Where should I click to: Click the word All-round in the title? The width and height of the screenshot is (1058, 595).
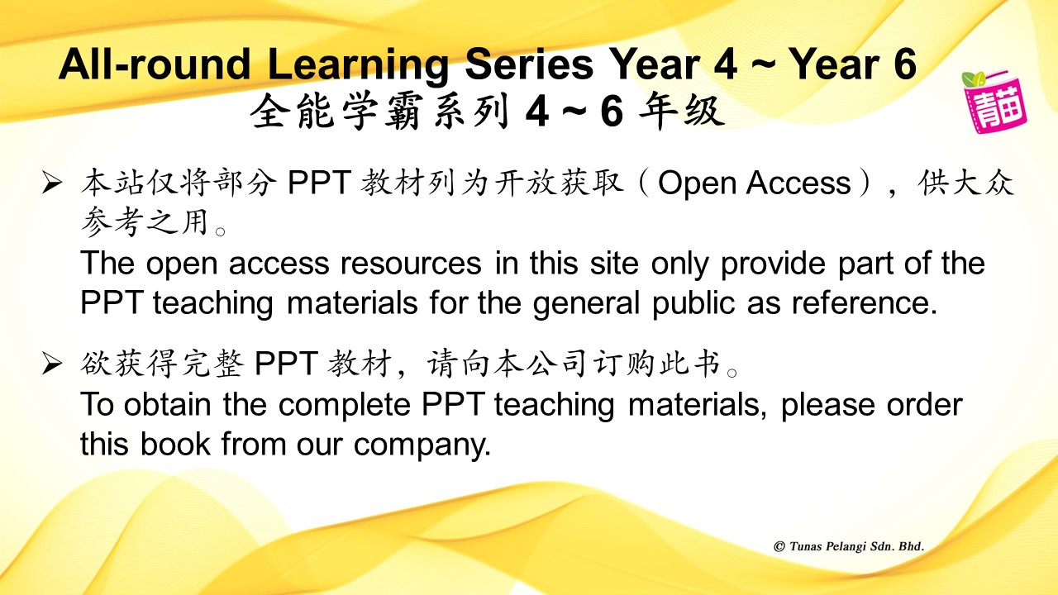pyautogui.click(x=155, y=64)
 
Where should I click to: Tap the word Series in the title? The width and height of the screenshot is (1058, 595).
pyautogui.click(x=530, y=64)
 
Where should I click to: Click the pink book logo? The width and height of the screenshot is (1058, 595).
pyautogui.click(x=994, y=105)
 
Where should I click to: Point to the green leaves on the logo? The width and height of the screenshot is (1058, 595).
pyautogui.click(x=974, y=78)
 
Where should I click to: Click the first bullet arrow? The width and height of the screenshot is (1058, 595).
pyautogui.click(x=51, y=183)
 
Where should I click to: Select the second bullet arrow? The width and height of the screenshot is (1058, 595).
pyautogui.click(x=51, y=364)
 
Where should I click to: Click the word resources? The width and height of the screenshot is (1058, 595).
pyautogui.click(x=411, y=264)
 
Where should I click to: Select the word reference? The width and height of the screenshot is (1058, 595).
pyautogui.click(x=865, y=303)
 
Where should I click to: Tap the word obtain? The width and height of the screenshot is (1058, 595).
pyautogui.click(x=167, y=405)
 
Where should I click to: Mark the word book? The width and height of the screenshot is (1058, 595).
pyautogui.click(x=175, y=445)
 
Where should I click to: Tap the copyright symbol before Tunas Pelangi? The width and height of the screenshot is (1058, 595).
pyautogui.click(x=779, y=546)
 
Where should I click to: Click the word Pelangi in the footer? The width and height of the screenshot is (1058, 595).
pyautogui.click(x=846, y=547)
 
